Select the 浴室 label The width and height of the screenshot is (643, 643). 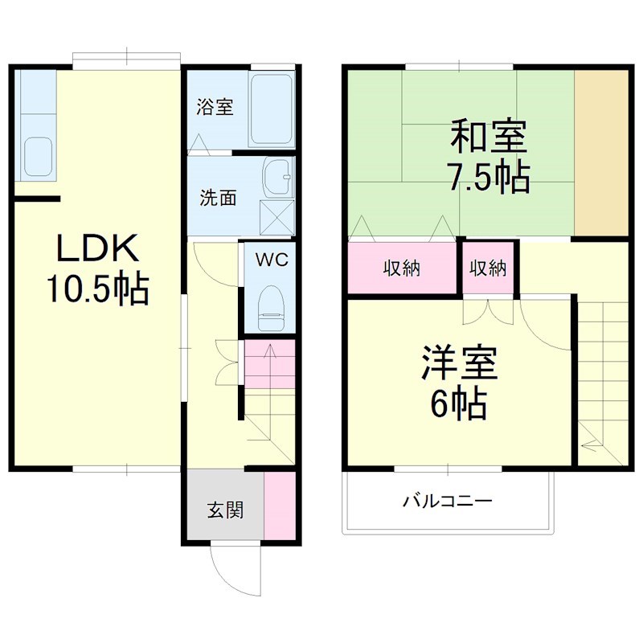coord(215,107)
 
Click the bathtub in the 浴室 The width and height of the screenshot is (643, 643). coord(271,111)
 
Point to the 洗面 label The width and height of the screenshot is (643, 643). coord(217,198)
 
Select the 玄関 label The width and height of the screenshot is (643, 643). coord(225,509)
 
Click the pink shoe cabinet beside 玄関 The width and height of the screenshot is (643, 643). coord(279,508)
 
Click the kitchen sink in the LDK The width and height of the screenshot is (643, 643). coord(38,156)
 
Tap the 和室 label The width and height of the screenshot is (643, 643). coord(489,137)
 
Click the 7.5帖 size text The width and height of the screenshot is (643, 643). coord(489,176)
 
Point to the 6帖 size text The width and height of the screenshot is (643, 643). coord(459,404)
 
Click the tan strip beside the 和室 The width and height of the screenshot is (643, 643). coord(601,153)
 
